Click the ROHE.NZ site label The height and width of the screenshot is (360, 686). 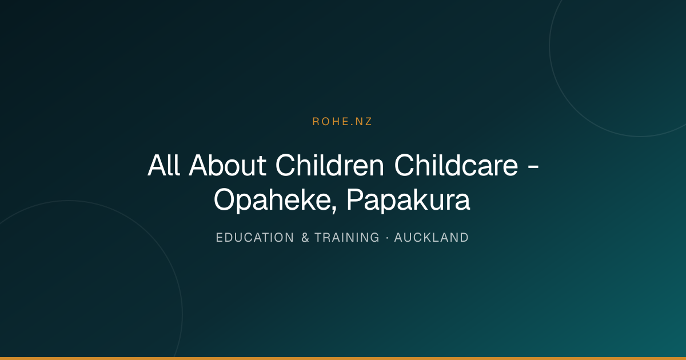[342, 122]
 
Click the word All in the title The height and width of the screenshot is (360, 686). [163, 165]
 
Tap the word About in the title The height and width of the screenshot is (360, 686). [228, 165]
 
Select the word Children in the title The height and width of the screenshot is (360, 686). [329, 165]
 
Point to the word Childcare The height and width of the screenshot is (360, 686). [456, 165]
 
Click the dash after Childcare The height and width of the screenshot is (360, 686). [533, 167]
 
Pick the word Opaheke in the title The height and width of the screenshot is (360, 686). [273, 200]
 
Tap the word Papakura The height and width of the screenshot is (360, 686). [408, 200]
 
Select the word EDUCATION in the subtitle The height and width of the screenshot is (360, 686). [255, 238]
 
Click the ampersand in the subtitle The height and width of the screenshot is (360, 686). [305, 238]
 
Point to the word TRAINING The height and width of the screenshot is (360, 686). [347, 238]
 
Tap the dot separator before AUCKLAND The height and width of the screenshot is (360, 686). [388, 238]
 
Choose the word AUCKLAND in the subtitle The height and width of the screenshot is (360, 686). [432, 238]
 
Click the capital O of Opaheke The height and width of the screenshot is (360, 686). [225, 199]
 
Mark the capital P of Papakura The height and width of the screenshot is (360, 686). [355, 199]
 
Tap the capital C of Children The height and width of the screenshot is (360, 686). [286, 165]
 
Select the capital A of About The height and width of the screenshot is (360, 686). [199, 165]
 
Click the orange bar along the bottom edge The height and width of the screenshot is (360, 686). [343, 358]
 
